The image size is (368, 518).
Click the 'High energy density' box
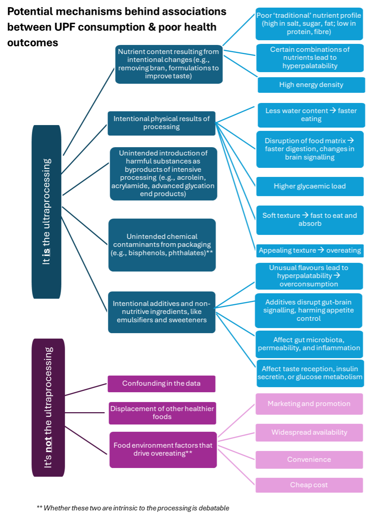point(311,85)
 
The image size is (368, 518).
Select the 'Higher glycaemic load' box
point(310,186)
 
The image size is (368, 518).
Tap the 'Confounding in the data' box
point(162,384)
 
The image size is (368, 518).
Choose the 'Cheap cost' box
point(309,485)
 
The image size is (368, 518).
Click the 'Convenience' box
point(309,460)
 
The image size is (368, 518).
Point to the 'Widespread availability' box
point(309,432)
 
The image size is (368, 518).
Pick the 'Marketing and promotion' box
point(309,404)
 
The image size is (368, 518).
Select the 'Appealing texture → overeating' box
point(310,250)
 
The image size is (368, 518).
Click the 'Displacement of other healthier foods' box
point(162,413)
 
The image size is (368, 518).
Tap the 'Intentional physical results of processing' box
point(162,123)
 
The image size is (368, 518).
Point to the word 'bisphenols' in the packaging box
point(145,253)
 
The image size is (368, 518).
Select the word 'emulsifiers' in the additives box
point(134,320)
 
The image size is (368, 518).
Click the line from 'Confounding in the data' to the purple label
point(86,389)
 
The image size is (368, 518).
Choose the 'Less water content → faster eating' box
point(311,115)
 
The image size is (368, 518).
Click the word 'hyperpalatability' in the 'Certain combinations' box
point(310,66)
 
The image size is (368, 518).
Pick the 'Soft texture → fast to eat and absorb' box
point(310,220)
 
